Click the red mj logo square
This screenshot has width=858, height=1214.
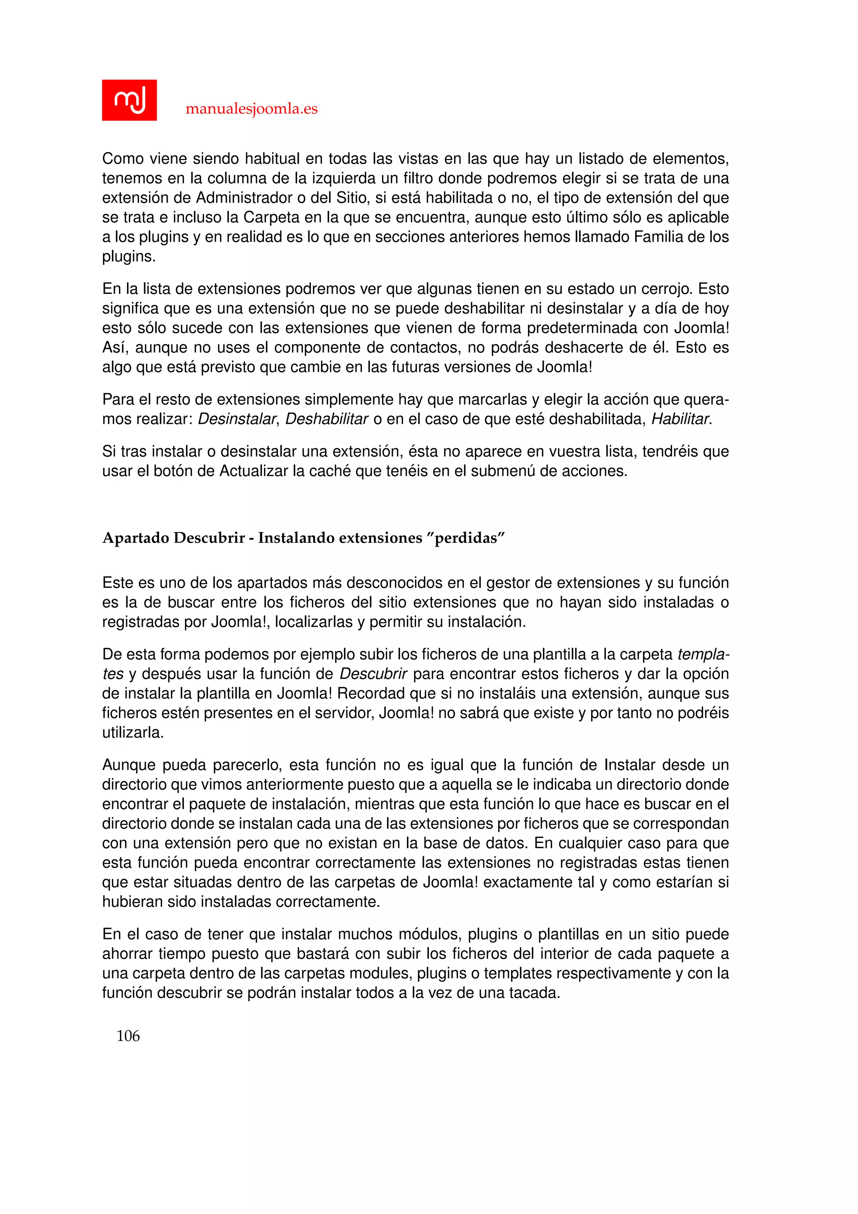coord(129,100)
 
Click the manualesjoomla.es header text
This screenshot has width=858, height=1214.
coord(251,109)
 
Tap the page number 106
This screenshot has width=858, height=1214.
coord(128,1035)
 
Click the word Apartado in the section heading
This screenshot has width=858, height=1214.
coord(136,538)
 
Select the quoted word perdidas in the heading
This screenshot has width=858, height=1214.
coord(465,538)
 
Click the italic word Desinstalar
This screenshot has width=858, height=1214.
coord(237,419)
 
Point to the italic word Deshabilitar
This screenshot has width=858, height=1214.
coord(326,419)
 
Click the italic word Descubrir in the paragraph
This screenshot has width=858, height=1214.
coord(373,674)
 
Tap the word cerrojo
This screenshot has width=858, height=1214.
coord(664,289)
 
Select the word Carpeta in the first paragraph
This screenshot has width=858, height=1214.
coord(271,217)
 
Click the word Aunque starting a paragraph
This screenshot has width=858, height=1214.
coord(128,765)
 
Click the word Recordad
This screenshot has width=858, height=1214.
coord(370,694)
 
